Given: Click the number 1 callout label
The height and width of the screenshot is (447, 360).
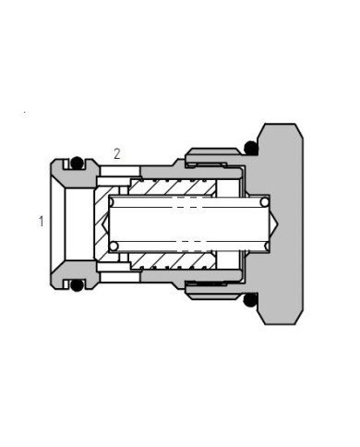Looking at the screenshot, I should (x=42, y=221).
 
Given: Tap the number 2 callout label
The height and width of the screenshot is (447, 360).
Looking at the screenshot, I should (x=116, y=154).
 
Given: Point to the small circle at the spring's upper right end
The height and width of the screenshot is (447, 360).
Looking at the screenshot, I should (x=265, y=202).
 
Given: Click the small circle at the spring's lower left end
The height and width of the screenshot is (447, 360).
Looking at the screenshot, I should (x=114, y=245).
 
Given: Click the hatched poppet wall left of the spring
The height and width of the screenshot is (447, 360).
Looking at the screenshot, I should (x=101, y=223).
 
